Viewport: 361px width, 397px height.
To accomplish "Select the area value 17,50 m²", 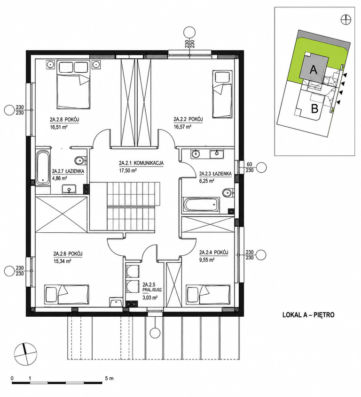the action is (x=128, y=170).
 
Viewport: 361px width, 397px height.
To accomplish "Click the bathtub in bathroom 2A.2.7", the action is (x=43, y=168).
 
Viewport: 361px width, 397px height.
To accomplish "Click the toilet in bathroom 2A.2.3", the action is (x=228, y=193).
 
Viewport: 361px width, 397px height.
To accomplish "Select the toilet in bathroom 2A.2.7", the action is (x=80, y=160).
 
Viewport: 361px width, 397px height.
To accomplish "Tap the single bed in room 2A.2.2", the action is (x=222, y=94).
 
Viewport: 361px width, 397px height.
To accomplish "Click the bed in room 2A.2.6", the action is (x=67, y=294).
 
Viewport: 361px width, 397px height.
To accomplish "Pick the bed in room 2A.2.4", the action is (x=209, y=294).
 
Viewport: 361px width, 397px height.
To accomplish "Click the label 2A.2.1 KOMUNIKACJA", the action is (x=141, y=163).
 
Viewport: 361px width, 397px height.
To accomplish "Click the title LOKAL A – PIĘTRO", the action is (x=308, y=315).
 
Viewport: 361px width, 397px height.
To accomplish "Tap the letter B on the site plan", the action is (x=314, y=109).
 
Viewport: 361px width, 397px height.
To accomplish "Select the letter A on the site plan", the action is (x=314, y=69).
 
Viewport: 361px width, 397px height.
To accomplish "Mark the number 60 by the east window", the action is (x=250, y=164).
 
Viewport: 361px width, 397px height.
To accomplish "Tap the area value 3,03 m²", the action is (x=150, y=298).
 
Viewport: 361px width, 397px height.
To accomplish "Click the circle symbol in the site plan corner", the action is (x=346, y=19).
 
